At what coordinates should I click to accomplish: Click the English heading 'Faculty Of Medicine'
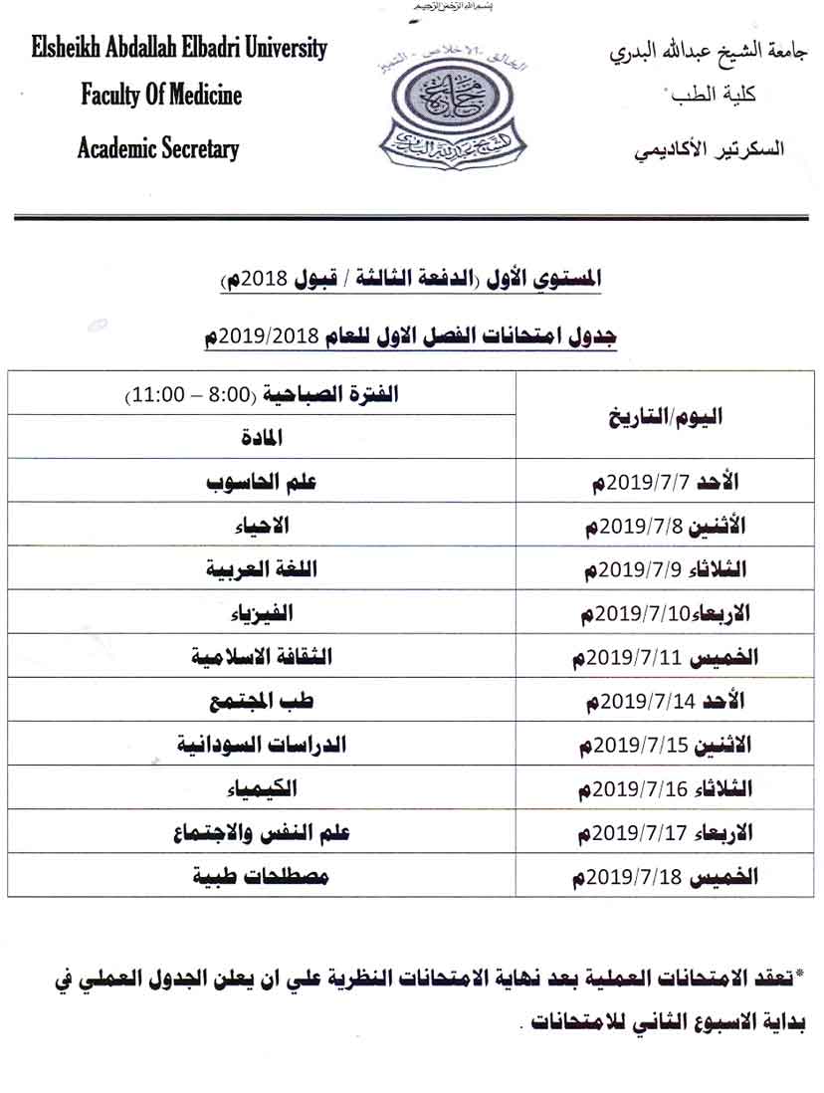pyautogui.click(x=161, y=96)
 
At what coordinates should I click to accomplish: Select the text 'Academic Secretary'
pyautogui.click(x=158, y=149)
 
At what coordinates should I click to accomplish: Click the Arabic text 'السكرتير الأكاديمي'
pyautogui.click(x=709, y=149)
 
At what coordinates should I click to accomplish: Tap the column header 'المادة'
pyautogui.click(x=262, y=436)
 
